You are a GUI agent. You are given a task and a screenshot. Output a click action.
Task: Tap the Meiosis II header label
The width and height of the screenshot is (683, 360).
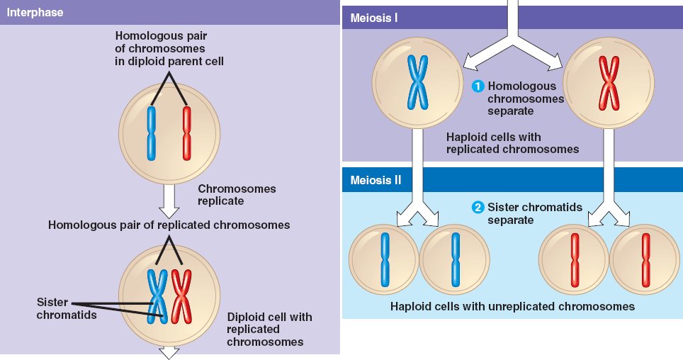pyautogui.click(x=376, y=179)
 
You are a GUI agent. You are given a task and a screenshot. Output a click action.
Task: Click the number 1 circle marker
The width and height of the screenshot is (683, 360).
pyautogui.click(x=478, y=86)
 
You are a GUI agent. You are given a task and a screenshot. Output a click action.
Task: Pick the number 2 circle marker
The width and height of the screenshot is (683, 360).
pyautogui.click(x=478, y=208)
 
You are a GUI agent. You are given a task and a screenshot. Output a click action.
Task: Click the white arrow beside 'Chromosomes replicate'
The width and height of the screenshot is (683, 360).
pyautogui.click(x=168, y=201)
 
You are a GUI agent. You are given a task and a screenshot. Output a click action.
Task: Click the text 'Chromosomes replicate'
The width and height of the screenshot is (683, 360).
pyautogui.click(x=237, y=195)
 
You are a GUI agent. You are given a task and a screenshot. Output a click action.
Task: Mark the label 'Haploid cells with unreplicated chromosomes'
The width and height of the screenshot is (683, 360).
pyautogui.click(x=512, y=307)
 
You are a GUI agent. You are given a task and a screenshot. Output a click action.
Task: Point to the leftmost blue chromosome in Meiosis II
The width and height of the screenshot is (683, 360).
pyautogui.click(x=385, y=259)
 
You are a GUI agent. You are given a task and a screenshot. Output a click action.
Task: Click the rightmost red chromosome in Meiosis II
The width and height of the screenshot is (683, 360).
pyautogui.click(x=645, y=259)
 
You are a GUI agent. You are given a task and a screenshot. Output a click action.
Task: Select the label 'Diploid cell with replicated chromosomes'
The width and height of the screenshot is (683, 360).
pyautogui.click(x=269, y=329)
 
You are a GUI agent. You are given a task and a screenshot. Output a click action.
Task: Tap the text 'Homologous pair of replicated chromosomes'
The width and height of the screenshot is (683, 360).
pyautogui.click(x=169, y=225)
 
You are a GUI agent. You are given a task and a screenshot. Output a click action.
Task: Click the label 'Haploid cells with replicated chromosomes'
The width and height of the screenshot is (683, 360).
pyautogui.click(x=512, y=142)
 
